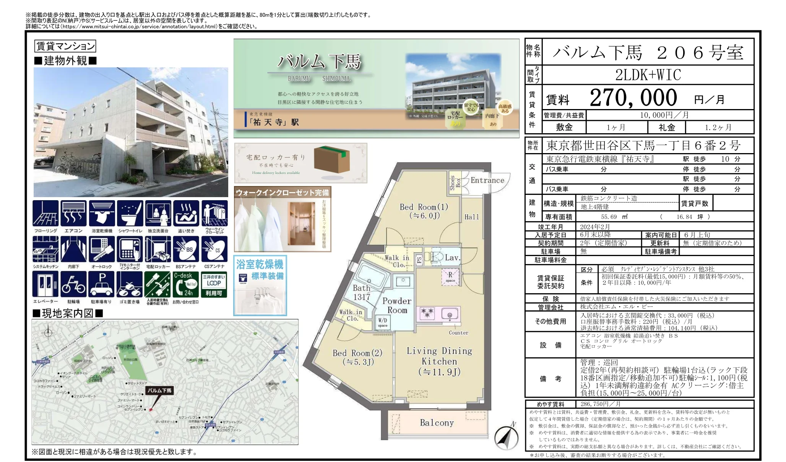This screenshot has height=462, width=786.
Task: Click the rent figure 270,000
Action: tap(633, 98)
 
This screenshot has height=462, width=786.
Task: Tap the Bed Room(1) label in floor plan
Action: tap(424, 211)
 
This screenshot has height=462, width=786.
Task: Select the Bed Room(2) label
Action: tap(357, 357)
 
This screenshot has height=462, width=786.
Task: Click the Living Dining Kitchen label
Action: tap(439, 361)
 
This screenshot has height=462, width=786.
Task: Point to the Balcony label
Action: tap(437, 423)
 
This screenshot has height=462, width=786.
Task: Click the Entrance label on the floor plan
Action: tap(487, 180)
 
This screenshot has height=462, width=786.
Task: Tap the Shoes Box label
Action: tap(455, 183)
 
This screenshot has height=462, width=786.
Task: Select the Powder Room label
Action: tap(397, 305)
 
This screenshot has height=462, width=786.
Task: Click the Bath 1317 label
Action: tap(361, 292)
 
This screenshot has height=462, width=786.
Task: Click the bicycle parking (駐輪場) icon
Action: tap(73, 284)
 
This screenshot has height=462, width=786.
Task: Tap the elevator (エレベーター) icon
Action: tap(45, 284)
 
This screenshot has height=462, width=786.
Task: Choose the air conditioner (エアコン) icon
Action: tap(73, 214)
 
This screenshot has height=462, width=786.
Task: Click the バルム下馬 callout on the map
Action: tap(160, 390)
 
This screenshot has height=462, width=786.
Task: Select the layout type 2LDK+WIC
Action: tap(648, 75)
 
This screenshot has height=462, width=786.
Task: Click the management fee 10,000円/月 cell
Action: tap(664, 115)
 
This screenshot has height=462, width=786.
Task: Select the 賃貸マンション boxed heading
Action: tap(65, 46)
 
